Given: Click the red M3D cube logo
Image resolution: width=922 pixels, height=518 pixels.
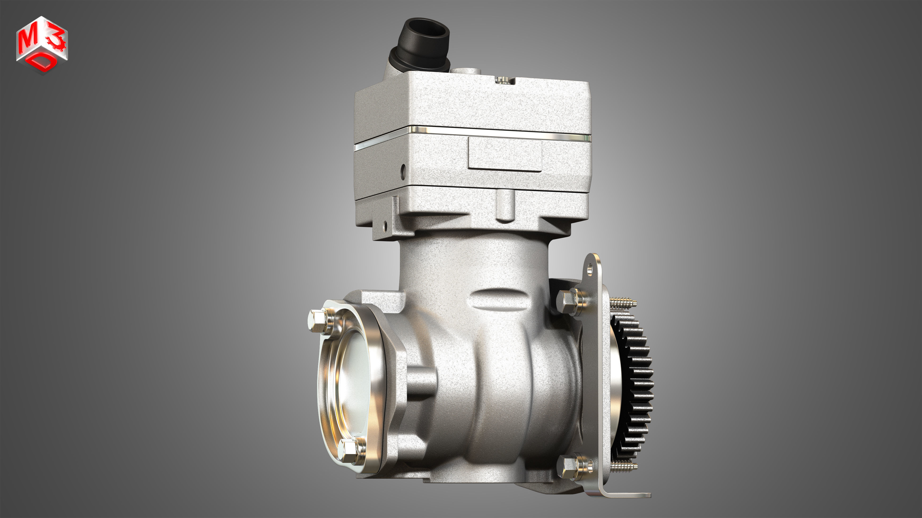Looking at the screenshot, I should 42,45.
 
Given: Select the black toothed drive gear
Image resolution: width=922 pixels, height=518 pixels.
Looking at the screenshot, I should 635,386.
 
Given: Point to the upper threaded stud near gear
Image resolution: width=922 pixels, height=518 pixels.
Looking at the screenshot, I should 623,303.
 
